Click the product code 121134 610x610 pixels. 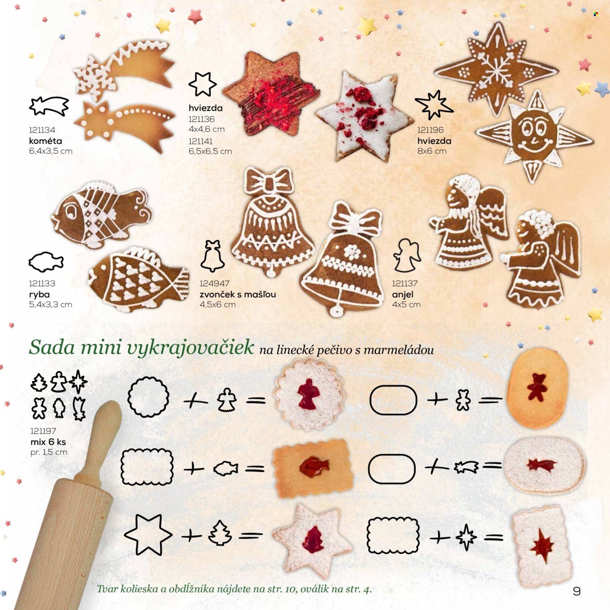[42, 130]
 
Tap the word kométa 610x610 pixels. [45, 141]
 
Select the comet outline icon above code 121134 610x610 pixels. [49, 106]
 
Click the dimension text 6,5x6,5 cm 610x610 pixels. [210, 151]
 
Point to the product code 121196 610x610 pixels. [430, 130]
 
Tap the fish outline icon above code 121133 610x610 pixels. [46, 262]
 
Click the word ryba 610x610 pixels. [39, 294]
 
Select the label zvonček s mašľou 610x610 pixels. [238, 294]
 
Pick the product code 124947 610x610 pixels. [214, 284]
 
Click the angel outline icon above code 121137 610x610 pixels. [407, 255]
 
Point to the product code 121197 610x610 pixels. [43, 431]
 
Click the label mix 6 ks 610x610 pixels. [48, 442]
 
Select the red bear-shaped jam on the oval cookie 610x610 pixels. [537, 391]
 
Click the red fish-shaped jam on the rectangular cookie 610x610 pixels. [314, 467]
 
